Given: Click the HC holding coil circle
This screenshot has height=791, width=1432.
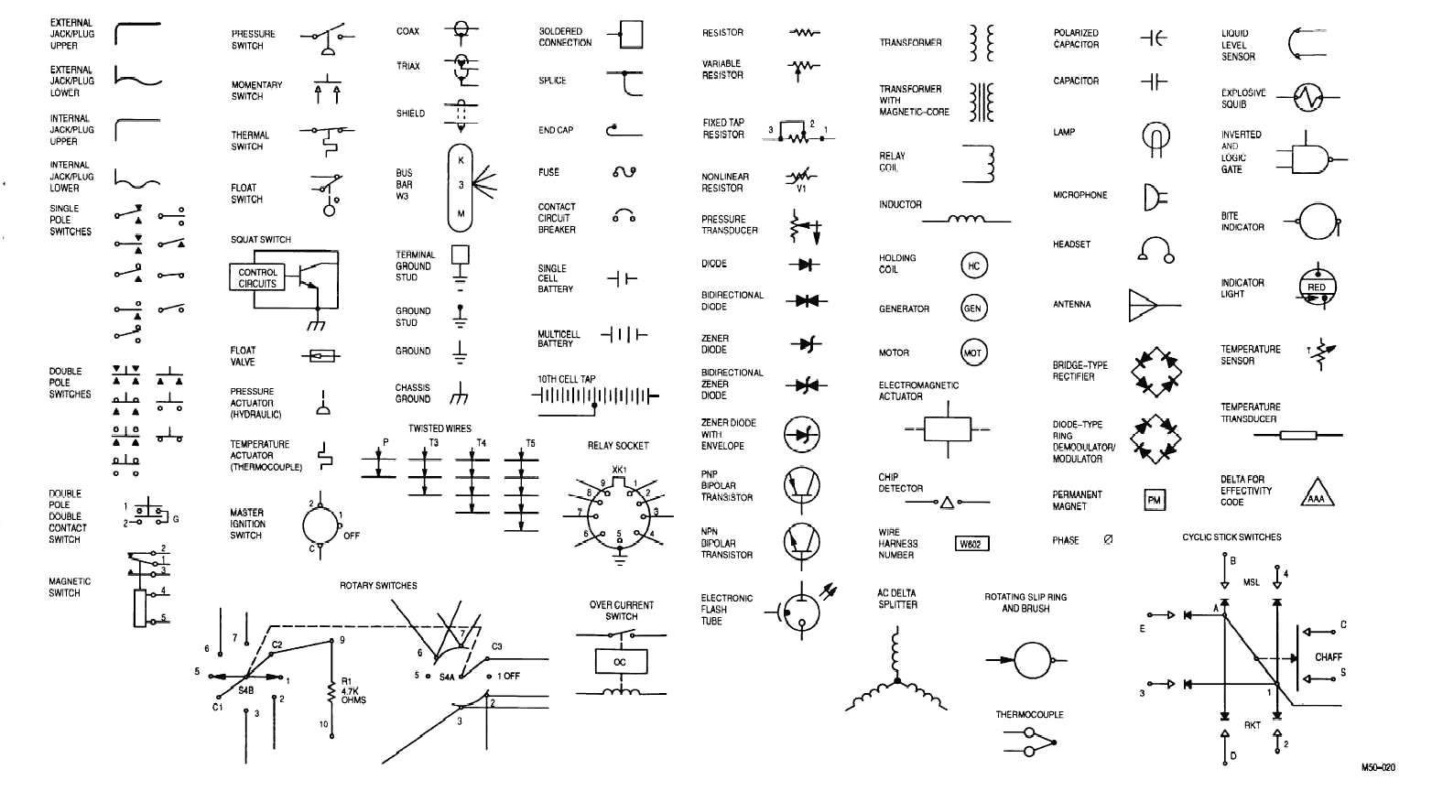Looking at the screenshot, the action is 973,265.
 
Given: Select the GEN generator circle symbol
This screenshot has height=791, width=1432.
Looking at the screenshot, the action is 973,309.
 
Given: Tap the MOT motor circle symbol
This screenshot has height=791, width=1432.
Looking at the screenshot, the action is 973,352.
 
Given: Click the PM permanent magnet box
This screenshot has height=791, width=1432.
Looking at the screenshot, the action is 1155,500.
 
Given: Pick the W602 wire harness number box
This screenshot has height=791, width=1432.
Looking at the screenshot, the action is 971,544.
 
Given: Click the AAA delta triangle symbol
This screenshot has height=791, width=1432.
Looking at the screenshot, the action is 1317,495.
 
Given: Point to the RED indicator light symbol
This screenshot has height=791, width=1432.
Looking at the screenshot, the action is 1316,287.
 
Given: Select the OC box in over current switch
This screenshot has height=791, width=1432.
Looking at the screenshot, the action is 620,661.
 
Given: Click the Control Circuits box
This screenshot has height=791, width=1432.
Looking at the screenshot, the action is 257,277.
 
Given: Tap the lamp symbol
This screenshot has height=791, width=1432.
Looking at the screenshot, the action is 1156,137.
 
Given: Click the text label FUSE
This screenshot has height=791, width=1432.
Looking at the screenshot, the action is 548,172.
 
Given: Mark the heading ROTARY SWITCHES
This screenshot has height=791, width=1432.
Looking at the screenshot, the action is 378,586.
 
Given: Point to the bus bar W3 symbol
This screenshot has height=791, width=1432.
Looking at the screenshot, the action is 461,187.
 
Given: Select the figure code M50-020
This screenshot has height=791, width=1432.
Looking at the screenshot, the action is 1377,767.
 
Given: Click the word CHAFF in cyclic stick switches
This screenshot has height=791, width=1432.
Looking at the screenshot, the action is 1328,657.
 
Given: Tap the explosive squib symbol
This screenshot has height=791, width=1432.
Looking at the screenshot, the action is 1308,97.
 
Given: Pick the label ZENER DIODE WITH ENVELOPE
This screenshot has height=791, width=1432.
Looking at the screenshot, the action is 728,434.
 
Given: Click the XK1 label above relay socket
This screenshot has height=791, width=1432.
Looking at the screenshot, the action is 619,470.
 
